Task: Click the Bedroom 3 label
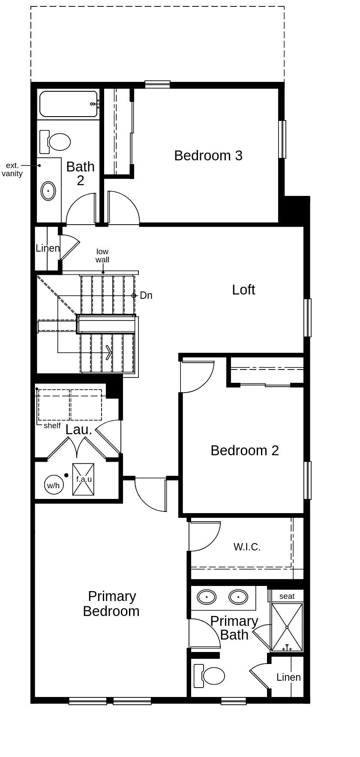click(208, 155)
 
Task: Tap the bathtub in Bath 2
click(68, 104)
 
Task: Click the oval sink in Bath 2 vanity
click(48, 191)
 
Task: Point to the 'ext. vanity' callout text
click(12, 169)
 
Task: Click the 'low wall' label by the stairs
click(102, 255)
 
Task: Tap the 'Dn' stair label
click(146, 295)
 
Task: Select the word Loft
click(243, 290)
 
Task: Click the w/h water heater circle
click(53, 485)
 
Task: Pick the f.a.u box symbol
click(83, 479)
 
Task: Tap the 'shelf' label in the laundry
click(52, 426)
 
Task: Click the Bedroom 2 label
click(244, 450)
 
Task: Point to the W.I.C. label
click(247, 547)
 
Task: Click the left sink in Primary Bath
click(207, 596)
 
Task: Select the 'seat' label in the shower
click(287, 596)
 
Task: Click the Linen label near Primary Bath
click(288, 677)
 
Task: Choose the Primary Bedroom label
click(111, 604)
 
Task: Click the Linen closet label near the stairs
click(48, 248)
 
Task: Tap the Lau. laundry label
click(78, 430)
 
